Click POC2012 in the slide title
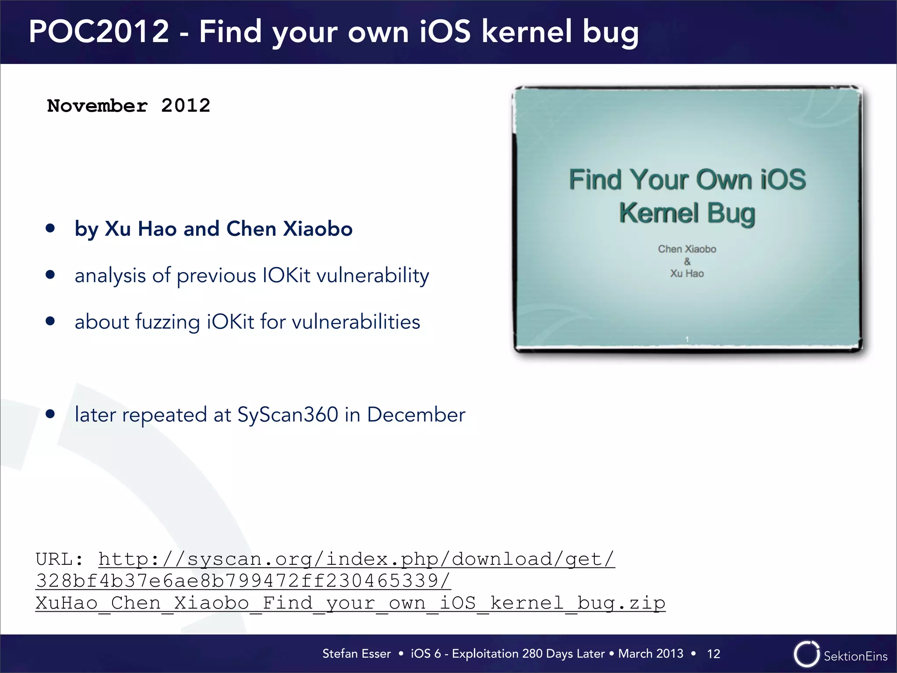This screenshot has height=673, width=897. point(99,32)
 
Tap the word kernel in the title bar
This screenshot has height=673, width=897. point(527,32)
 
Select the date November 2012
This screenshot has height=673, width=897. point(129,106)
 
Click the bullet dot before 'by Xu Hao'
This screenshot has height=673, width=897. point(50,228)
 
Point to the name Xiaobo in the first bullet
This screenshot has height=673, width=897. point(318,229)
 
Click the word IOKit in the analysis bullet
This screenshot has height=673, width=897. point(286,276)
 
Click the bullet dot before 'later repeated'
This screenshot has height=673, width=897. point(50,414)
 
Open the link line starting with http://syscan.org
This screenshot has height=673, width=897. point(357,559)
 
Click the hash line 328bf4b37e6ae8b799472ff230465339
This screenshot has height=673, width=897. point(243,581)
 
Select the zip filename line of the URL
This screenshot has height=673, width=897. point(350,603)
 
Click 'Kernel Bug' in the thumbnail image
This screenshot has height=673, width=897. point(687,213)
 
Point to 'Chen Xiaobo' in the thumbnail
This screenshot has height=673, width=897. point(687,249)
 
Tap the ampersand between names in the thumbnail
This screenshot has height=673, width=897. point(687,262)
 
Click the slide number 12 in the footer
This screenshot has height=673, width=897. point(713,654)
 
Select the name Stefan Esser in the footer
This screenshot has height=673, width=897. point(357,654)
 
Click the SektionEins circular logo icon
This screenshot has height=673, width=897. point(806,654)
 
